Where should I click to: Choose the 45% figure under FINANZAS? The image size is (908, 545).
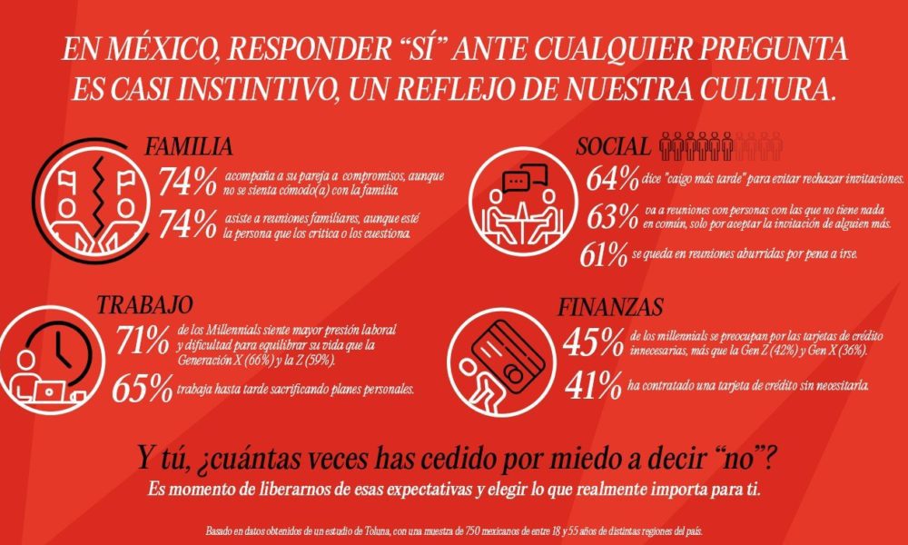pyautogui.click(x=593, y=343)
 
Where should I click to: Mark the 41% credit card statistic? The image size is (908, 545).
pyautogui.click(x=591, y=385)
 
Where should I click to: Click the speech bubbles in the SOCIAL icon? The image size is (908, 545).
pyautogui.click(x=518, y=182)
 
